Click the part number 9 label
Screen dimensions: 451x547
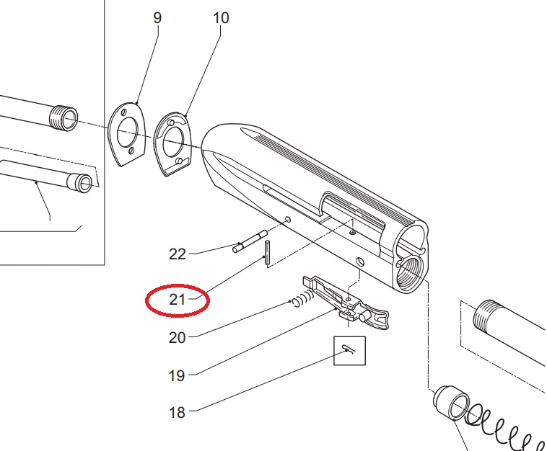(157, 17)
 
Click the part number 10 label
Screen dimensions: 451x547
(220, 17)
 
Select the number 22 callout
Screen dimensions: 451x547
(177, 254)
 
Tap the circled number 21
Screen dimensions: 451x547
(178, 300)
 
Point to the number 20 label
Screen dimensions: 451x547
(177, 337)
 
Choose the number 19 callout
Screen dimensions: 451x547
(177, 375)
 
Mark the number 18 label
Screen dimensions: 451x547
(177, 413)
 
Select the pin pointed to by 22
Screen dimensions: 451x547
(251, 241)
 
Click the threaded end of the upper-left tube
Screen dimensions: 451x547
(65, 117)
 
